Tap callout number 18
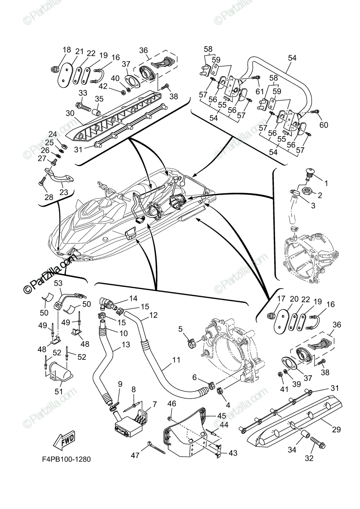67,50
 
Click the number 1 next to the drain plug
326,183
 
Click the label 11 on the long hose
176,360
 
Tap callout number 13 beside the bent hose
126,345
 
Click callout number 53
58,283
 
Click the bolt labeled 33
83,104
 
